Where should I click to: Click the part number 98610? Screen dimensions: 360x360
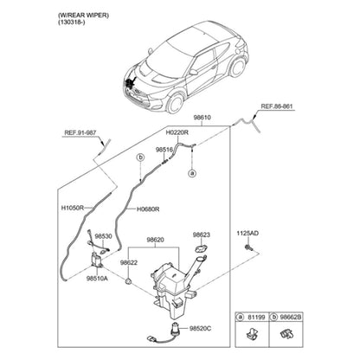click(202, 118)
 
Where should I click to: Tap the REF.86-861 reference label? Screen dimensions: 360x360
click(276, 106)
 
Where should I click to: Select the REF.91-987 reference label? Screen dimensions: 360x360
click(80, 133)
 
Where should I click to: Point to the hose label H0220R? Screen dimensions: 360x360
click(177, 132)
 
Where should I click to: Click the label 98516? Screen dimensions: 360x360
click(164, 150)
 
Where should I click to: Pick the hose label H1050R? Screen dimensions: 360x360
click(73, 208)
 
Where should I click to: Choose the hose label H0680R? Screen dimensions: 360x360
click(148, 209)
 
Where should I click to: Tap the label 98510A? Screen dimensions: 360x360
click(97, 279)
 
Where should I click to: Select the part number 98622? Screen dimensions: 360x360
click(129, 263)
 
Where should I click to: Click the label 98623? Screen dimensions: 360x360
click(202, 235)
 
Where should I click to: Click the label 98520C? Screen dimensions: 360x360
click(201, 328)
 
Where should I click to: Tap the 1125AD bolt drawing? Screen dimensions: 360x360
click(247, 247)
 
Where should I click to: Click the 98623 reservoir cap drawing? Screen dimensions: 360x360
click(201, 247)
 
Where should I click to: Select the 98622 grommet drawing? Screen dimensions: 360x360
click(128, 280)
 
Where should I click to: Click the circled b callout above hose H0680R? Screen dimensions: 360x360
click(140, 157)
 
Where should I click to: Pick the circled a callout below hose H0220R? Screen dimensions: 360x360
click(192, 173)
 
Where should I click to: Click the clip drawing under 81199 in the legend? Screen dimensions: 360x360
click(251, 334)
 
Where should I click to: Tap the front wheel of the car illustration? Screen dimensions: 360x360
click(175, 103)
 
